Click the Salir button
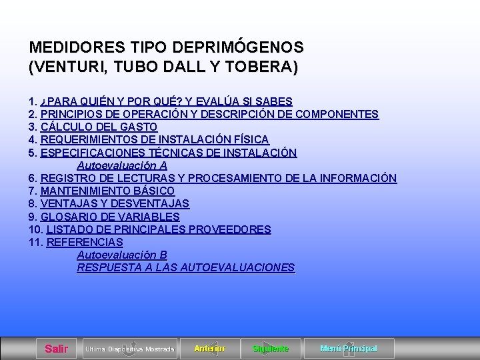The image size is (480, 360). pos(56,349)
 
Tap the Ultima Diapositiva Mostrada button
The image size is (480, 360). pos(129,349)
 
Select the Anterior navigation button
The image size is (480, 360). pos(209,349)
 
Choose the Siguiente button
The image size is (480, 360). pos(271,349)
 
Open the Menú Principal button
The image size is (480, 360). pos(348,349)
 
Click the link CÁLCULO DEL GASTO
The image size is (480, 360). pos(99,127)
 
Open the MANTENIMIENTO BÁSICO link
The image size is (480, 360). pos(107,191)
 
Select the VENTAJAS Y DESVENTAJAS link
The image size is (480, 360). pos(115,203)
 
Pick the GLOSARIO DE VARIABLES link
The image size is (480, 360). pos(110,217)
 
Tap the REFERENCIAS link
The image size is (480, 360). pos(85,242)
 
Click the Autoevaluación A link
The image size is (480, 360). pos(122,165)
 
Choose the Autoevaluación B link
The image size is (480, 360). pos(122,255)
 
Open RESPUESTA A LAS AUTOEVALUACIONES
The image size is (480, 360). pos(185,267)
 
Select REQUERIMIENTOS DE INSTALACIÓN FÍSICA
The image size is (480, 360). pos(155,139)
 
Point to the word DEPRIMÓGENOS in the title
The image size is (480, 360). pos(238,48)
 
